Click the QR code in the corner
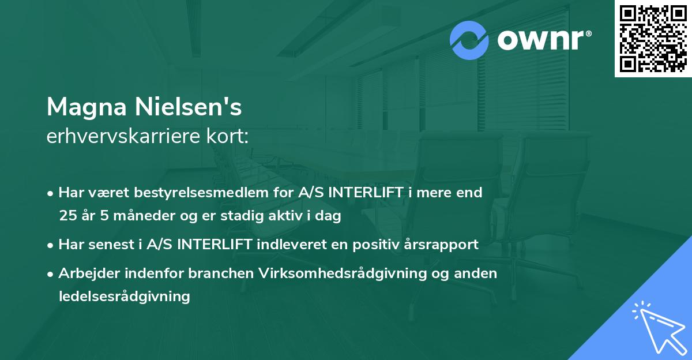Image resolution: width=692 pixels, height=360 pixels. point(653,39)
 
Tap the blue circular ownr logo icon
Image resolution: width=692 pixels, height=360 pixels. point(469,40)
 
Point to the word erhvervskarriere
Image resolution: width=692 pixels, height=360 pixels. point(121,137)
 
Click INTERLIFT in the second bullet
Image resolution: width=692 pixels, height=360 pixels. point(216,245)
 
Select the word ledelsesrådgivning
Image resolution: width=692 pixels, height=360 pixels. point(124,297)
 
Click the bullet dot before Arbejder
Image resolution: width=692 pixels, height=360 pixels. point(51,273)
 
